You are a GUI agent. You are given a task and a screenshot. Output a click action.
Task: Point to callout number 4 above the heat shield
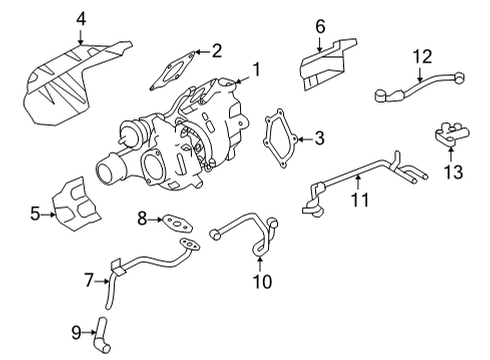(81, 17)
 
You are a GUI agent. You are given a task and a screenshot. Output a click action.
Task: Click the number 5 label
(35, 213)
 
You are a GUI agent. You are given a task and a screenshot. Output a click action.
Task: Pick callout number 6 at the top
(320, 25)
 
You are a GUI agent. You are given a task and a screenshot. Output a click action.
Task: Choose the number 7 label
(88, 279)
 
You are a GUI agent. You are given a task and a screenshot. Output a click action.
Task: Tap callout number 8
(142, 217)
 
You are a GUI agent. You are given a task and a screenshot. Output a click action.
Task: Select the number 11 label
(360, 200)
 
